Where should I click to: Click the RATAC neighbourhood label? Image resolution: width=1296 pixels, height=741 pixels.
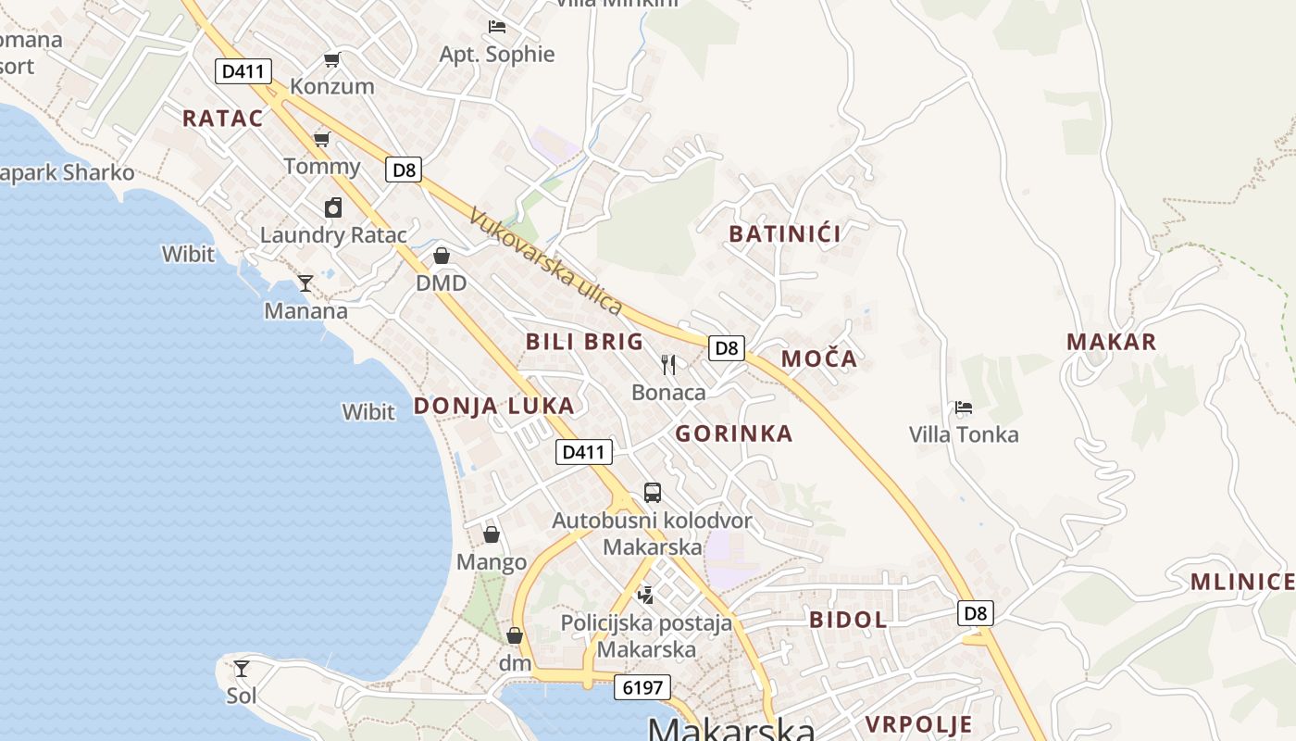(222, 118)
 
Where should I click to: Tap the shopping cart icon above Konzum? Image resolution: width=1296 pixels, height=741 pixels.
(331, 60)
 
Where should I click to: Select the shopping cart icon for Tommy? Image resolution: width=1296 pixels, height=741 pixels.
(322, 139)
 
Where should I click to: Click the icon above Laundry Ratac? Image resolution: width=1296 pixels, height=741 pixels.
(332, 207)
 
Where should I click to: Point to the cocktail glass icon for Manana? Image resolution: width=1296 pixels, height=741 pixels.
(305, 283)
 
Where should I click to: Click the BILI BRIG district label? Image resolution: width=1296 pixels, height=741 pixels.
(584, 341)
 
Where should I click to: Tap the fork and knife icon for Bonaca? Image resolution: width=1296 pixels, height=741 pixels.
(668, 364)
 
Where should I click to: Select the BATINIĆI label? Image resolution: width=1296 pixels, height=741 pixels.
(785, 233)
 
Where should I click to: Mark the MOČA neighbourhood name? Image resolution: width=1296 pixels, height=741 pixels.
(819, 358)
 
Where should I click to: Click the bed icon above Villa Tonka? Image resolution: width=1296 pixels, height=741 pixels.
(964, 407)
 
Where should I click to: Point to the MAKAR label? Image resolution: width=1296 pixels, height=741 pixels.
(1112, 342)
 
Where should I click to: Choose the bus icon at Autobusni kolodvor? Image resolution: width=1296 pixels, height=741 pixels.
(653, 492)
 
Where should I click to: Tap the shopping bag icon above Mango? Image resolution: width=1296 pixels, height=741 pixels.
(492, 534)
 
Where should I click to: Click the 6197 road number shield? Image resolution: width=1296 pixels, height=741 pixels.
(642, 687)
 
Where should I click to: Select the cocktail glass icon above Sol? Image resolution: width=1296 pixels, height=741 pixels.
(242, 668)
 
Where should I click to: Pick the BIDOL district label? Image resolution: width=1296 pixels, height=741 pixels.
(848, 620)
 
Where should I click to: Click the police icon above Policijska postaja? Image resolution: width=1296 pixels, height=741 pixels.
(646, 595)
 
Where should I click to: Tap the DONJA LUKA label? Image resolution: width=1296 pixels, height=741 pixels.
(493, 406)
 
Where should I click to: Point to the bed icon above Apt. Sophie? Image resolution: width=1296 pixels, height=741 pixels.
(497, 27)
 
